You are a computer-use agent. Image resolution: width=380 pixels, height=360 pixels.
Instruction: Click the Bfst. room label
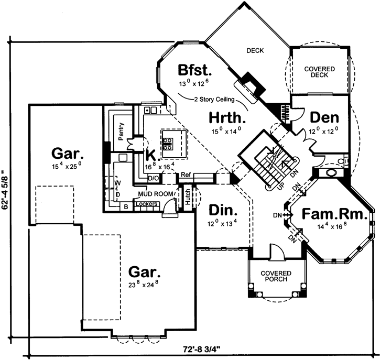[194, 70]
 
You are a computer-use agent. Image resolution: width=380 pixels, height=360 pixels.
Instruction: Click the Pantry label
[121, 129]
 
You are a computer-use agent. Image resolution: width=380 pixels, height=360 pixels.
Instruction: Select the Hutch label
[187, 198]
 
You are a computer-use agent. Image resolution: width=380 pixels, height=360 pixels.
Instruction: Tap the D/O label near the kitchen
[154, 179]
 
